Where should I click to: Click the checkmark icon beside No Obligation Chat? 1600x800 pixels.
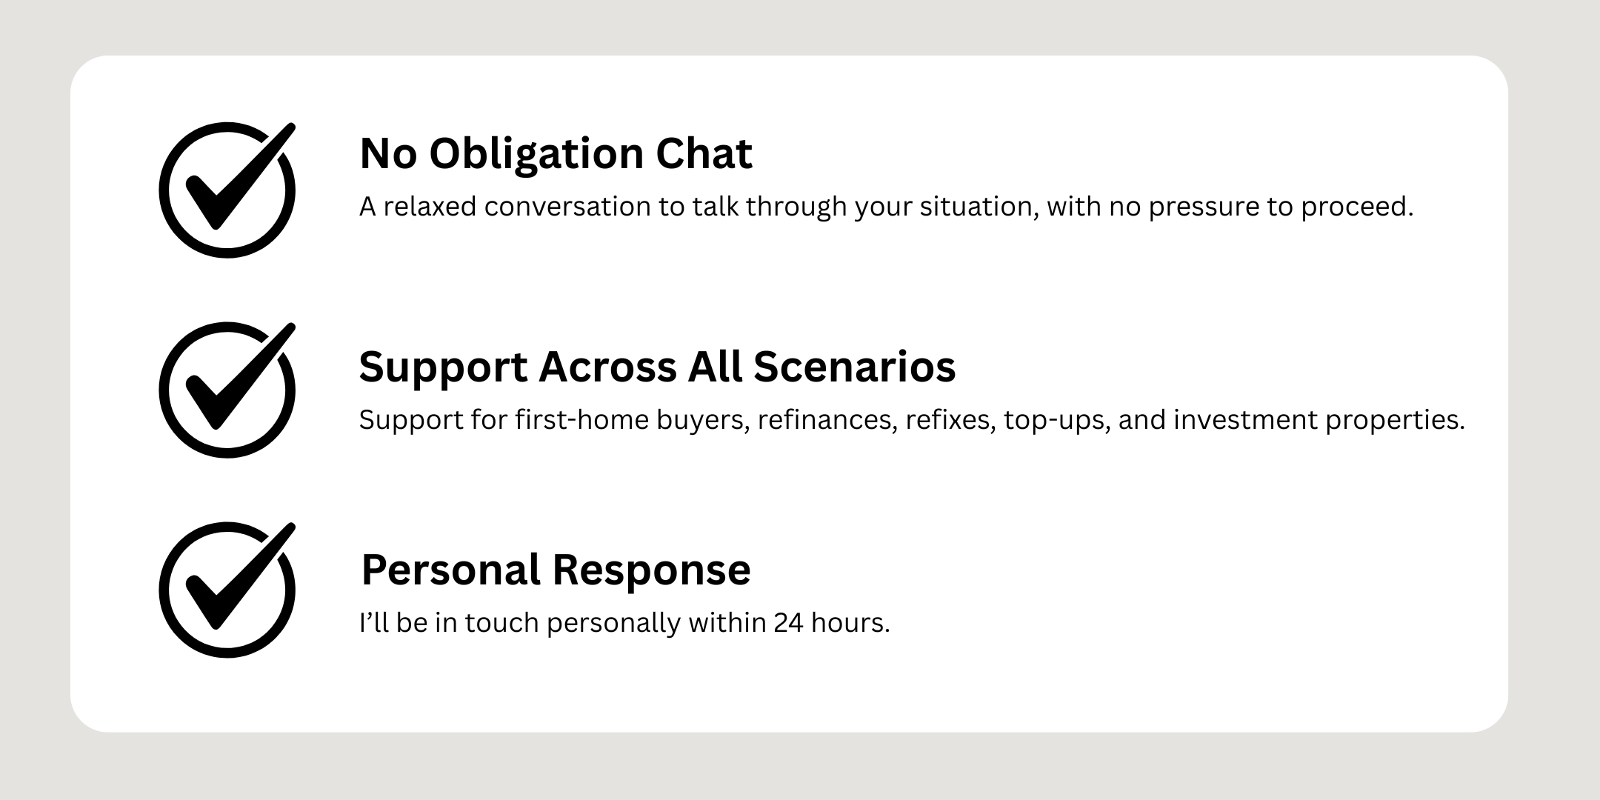point(227,190)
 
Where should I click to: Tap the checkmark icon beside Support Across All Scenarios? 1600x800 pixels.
point(227,390)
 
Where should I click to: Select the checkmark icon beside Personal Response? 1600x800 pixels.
point(227,590)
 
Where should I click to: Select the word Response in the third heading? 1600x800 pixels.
point(653,570)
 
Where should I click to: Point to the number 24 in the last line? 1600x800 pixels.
point(788,623)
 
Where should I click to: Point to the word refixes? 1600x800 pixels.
point(950,420)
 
